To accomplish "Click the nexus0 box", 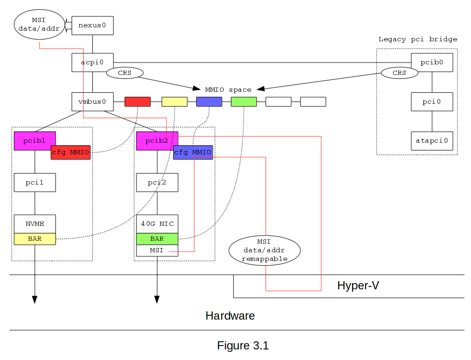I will (x=92, y=25).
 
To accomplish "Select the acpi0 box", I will (x=92, y=62).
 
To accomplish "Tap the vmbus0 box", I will (x=92, y=102).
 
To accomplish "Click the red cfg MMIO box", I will (x=71, y=152).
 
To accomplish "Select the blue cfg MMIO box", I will (x=193, y=152).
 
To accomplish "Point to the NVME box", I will (x=35, y=223).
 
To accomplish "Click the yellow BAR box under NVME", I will (x=35, y=239).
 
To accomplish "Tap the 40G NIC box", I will (x=157, y=223).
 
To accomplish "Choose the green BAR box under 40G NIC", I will (x=157, y=239).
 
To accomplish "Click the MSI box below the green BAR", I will (x=157, y=250).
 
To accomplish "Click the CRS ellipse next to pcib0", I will (x=399, y=73).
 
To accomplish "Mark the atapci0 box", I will (x=432, y=141).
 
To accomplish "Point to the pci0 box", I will (x=432, y=102).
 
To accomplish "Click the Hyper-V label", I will (x=358, y=286).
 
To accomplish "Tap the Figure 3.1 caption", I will (x=242, y=346).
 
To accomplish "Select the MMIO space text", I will (x=228, y=90).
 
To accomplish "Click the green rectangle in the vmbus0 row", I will (x=243, y=102).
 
